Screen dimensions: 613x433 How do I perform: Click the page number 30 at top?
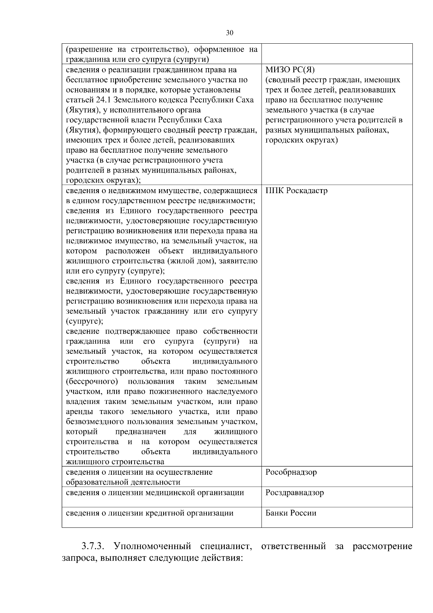tap(229, 33)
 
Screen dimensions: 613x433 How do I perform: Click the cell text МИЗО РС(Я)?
tap(290, 70)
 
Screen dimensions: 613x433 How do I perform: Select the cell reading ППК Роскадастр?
tap(296, 191)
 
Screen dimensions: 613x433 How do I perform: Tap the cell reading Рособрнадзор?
tap(291, 472)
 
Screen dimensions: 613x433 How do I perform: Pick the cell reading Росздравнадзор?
tap(294, 492)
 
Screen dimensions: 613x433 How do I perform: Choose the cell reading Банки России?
tap(290, 513)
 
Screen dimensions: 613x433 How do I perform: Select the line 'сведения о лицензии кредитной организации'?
tap(150, 513)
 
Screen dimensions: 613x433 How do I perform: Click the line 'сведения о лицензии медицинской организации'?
tap(155, 492)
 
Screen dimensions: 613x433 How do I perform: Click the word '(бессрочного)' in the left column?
tap(92, 382)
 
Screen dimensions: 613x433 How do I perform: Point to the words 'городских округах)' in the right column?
tap(301, 140)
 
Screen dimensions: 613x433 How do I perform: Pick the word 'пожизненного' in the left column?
tap(178, 392)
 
